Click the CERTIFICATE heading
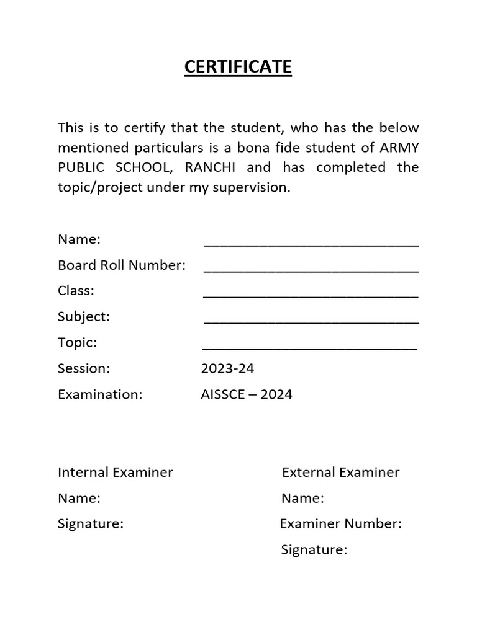(238, 67)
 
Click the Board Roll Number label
(122, 265)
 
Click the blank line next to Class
(311, 295)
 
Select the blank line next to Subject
(311, 321)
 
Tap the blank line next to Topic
(311, 347)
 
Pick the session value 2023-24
(227, 369)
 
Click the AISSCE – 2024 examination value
(247, 394)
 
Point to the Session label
(84, 369)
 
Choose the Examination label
(100, 394)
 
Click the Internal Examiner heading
(116, 473)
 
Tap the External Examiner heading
(341, 473)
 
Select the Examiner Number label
(341, 524)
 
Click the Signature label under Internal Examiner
(91, 524)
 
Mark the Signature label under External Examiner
(314, 550)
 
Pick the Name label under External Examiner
(302, 498)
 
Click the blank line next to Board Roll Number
(311, 270)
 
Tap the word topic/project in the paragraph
(101, 187)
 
